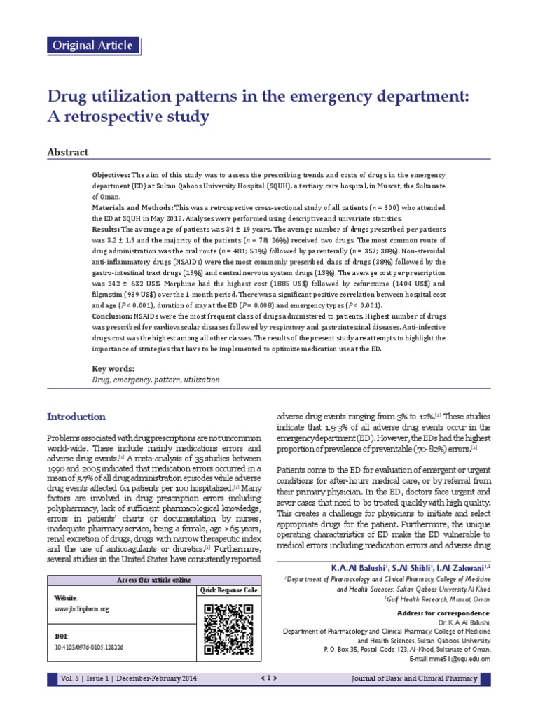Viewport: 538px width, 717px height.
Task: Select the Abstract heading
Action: click(x=67, y=152)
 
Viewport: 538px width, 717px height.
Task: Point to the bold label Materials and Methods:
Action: click(x=133, y=208)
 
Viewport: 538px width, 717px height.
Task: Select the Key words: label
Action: click(x=113, y=369)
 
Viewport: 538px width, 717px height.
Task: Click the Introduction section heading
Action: click(x=76, y=417)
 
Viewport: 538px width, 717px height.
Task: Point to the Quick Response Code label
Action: click(x=229, y=591)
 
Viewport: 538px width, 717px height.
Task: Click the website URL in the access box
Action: click(x=82, y=610)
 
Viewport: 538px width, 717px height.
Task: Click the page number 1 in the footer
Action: click(x=270, y=677)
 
